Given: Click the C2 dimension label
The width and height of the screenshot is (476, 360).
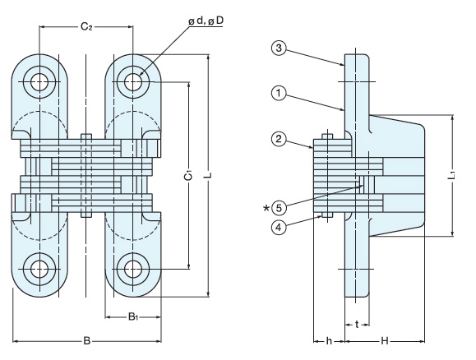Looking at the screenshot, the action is coord(86,27).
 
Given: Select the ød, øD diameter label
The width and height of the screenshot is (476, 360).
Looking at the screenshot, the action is coord(206,21).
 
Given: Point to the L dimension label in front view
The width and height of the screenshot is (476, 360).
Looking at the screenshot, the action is coord(208,175).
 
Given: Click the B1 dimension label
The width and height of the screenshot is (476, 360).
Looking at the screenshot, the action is coord(133,317).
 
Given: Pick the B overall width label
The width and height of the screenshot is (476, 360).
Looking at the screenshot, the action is coord(87,341).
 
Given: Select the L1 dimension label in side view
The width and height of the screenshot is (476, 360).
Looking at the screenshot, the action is coord(452,175).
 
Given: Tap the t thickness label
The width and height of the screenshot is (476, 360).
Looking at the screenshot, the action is coord(357,325).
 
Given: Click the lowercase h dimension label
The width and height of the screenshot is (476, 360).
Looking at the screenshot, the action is coord(329,341).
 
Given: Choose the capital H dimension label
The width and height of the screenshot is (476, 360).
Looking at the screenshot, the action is coord(385,341).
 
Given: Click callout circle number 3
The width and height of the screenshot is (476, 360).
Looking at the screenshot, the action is coord(279,48).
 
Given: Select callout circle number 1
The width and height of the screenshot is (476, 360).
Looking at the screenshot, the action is coord(279,94).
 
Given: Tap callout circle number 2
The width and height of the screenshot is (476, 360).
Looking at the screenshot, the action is coord(279,140).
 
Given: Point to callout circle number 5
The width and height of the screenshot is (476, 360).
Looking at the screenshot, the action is coord(279,208).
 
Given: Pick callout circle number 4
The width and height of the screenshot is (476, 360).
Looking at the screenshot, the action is coord(279,227).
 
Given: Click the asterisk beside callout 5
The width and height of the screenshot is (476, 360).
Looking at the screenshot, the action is coord(266,208).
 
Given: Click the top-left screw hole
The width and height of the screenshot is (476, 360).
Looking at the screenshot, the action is coord(39,82).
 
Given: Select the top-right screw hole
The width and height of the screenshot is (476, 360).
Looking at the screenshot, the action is coord(133,82).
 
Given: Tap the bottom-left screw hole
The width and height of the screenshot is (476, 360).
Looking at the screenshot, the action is coord(39,269).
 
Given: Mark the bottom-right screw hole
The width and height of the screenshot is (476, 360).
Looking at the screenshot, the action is coord(133,269).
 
